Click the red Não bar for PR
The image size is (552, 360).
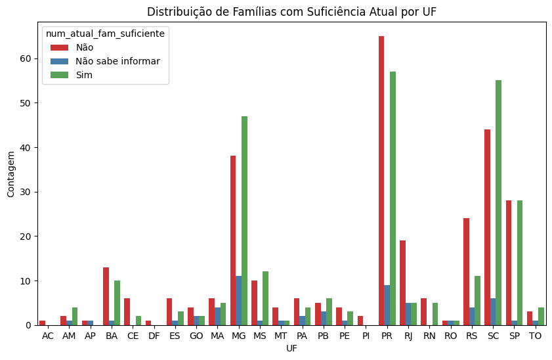click(381, 181)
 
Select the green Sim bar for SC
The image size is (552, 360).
click(498, 203)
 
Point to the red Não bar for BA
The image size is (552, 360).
click(106, 296)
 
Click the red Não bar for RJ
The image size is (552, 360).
click(402, 282)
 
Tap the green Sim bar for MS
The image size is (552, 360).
click(265, 298)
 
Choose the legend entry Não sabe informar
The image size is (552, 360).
click(117, 61)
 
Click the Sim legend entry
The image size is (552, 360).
click(84, 75)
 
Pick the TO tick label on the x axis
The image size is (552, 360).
click(536, 336)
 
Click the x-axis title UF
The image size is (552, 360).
click(291, 348)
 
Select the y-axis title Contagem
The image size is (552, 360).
click(11, 173)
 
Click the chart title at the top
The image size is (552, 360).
click(291, 12)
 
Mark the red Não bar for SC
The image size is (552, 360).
click(487, 227)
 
